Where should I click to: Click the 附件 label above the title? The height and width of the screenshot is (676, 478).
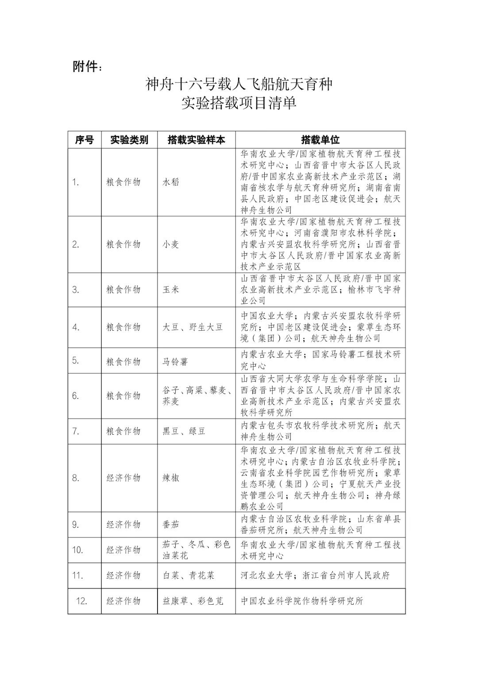87,67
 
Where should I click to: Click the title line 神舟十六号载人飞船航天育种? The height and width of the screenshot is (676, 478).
239,84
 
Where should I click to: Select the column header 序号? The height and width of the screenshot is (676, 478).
84,140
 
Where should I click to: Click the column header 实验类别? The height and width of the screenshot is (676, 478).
129,140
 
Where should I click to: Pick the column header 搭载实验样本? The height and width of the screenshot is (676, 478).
196,140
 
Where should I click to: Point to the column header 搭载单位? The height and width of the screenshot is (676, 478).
320,140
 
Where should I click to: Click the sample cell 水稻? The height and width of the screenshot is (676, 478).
171,182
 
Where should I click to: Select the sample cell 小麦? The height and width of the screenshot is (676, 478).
171,244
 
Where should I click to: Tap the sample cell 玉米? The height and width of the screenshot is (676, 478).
171,290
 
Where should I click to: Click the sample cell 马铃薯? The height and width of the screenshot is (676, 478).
175,361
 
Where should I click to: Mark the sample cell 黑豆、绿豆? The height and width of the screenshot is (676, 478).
184,431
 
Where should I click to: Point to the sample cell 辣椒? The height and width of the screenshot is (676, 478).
171,478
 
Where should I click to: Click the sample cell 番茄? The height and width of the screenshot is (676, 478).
171,525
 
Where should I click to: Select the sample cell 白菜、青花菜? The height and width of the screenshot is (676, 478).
188,575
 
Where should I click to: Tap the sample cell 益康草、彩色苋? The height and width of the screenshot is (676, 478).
193,601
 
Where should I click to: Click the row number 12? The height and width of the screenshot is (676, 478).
81,601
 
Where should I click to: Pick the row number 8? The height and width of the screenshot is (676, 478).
76,478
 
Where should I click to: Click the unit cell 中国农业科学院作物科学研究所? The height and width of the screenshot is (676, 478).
302,601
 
